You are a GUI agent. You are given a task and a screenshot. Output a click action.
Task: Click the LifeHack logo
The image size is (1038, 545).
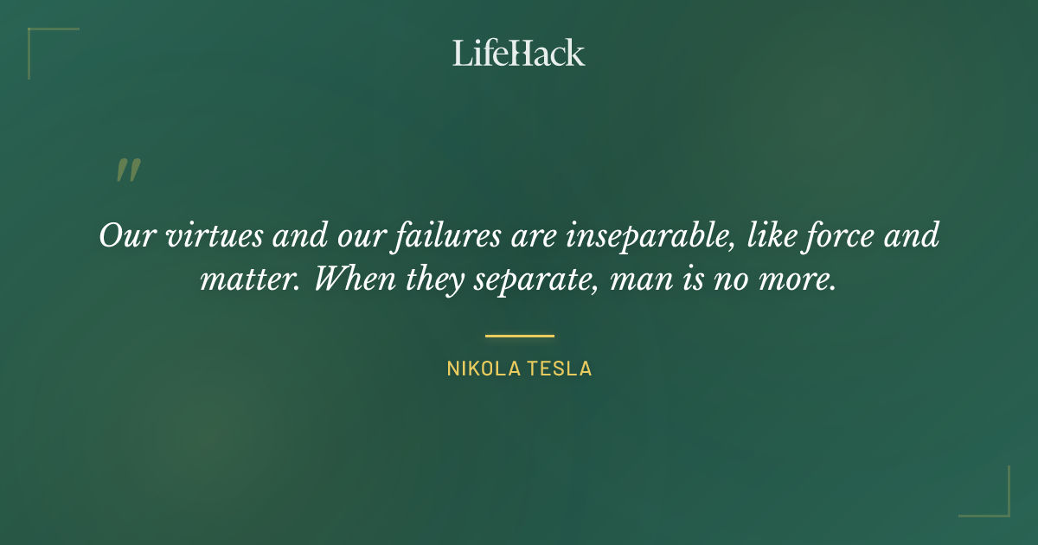[x=519, y=53]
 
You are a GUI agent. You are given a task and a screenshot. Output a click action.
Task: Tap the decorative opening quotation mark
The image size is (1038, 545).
[x=128, y=170]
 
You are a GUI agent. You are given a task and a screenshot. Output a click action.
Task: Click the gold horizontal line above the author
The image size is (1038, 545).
[x=519, y=336]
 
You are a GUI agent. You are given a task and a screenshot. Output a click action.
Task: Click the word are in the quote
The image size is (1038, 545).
[x=532, y=236]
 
